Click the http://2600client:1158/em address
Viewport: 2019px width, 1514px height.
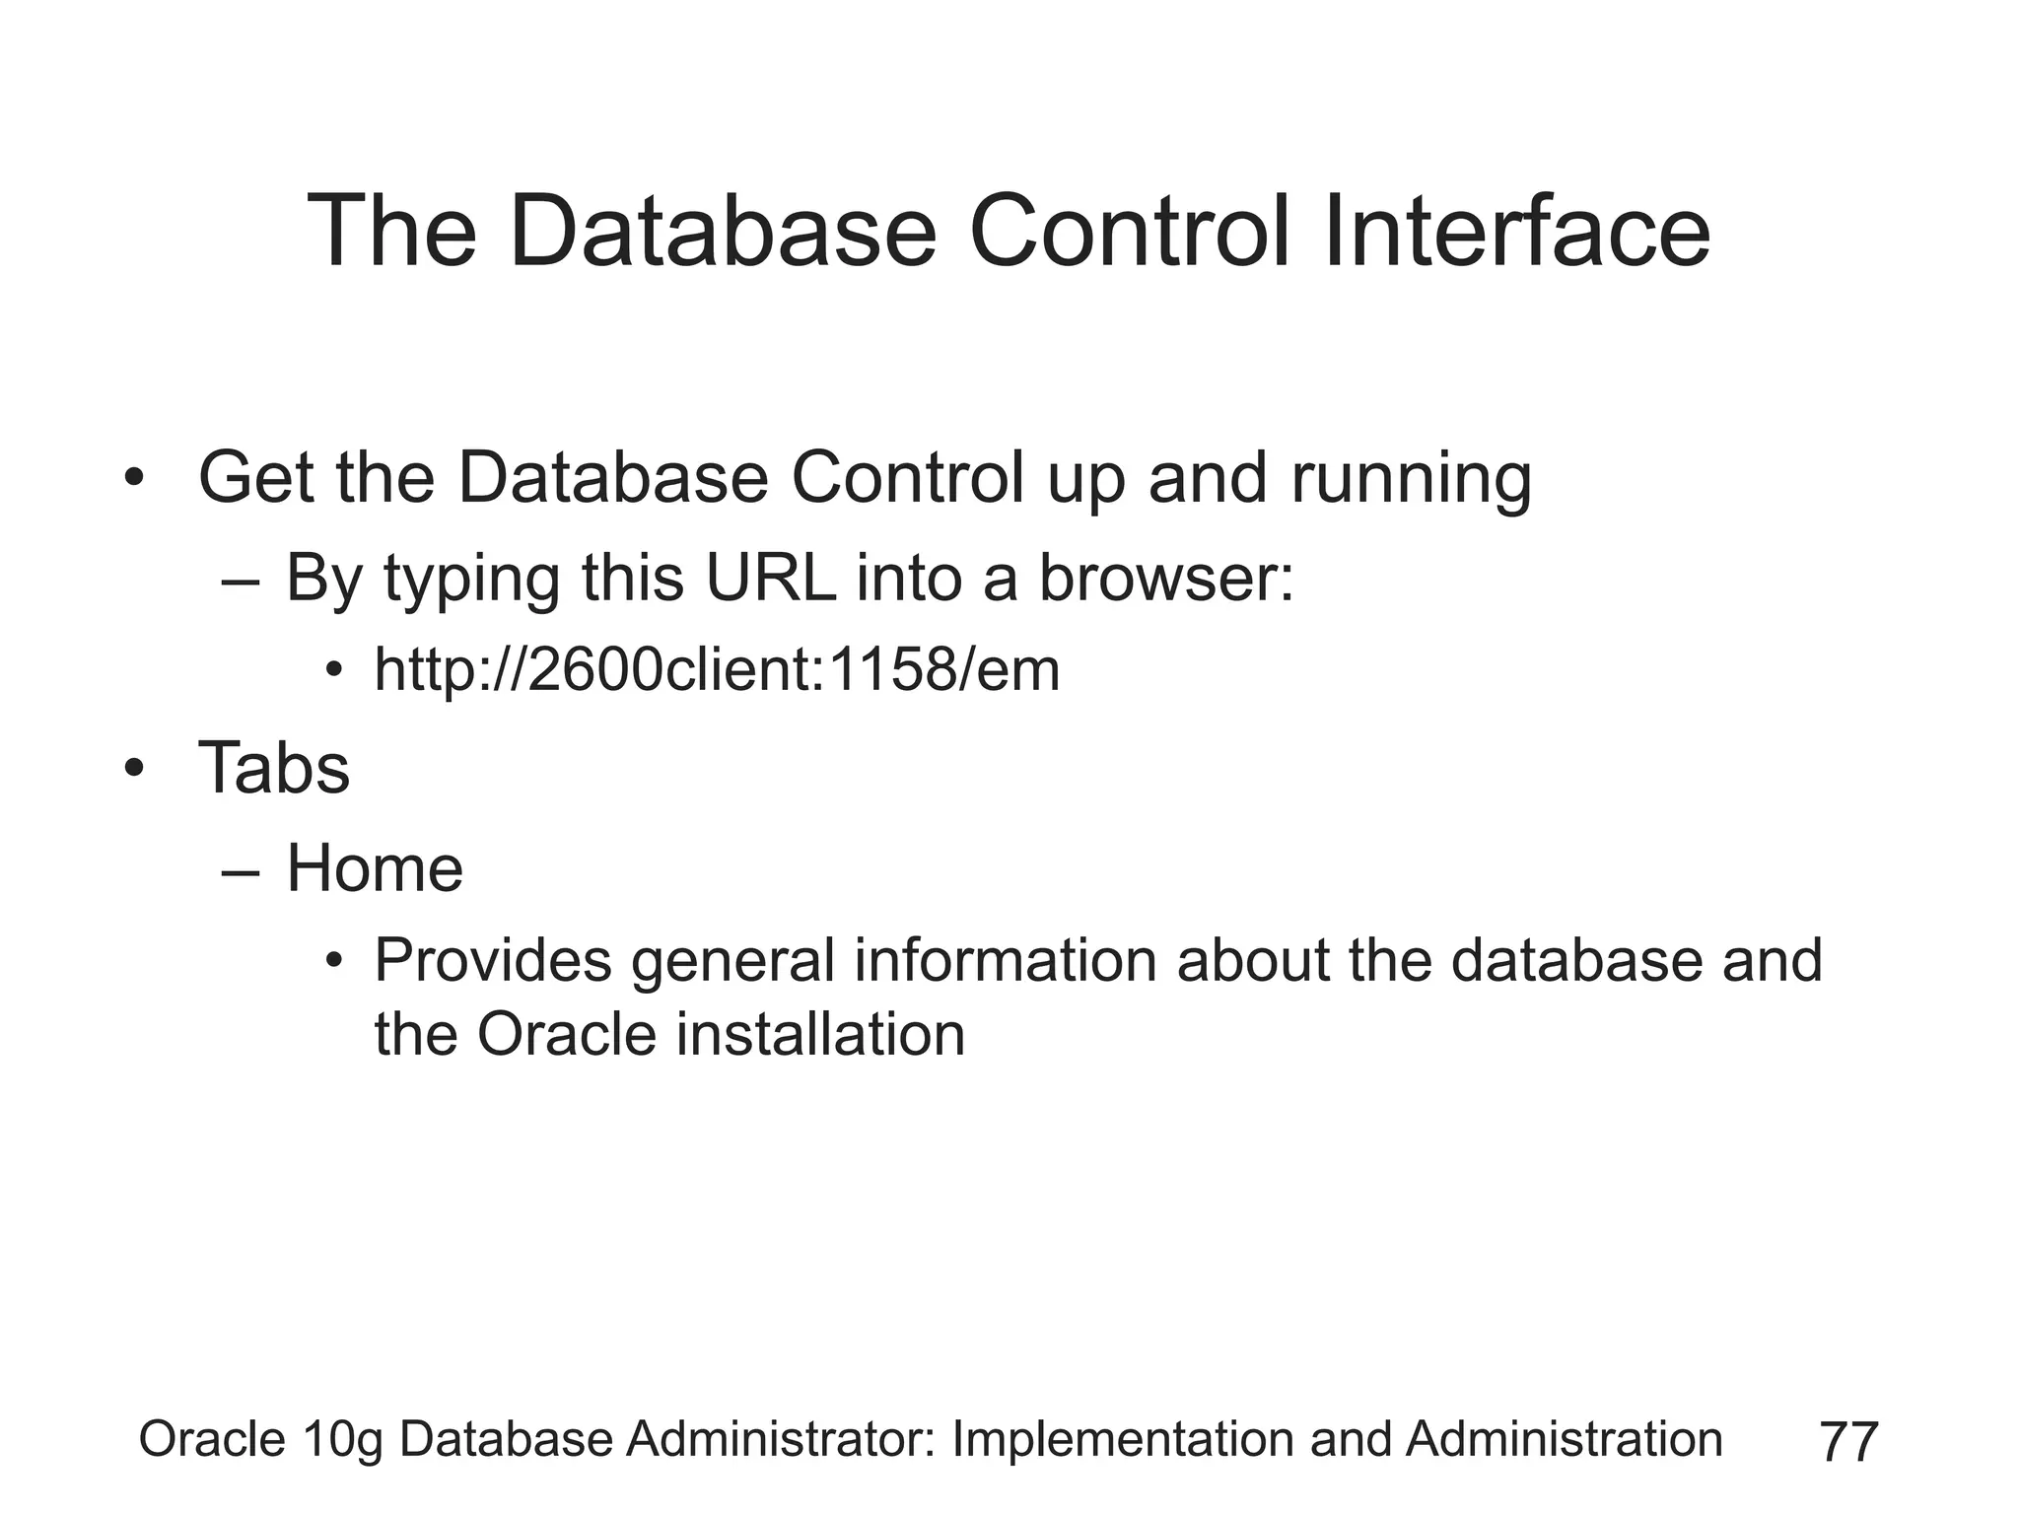coord(717,670)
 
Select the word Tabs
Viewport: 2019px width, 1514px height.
coord(274,768)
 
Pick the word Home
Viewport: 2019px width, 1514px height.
coord(374,868)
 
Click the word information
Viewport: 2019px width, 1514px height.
coord(1005,960)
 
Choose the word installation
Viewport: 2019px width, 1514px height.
coord(819,1035)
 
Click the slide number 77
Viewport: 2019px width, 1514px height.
coord(1848,1442)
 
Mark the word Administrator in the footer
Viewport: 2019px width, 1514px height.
coord(781,1439)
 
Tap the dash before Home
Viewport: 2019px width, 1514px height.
coord(242,871)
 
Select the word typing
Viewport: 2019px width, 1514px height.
coord(471,580)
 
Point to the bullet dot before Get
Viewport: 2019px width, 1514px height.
coord(134,479)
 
